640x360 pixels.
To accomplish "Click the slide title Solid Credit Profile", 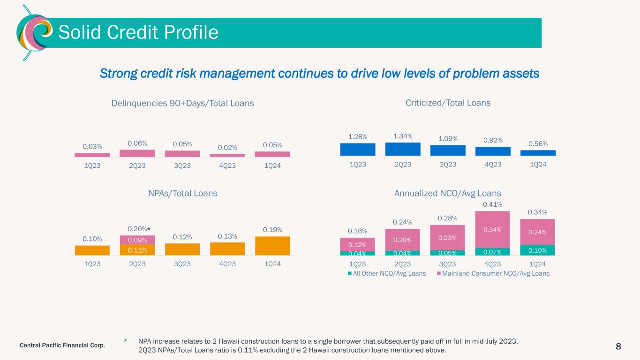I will [x=138, y=32].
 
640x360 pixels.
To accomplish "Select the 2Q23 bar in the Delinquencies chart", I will [x=137, y=153].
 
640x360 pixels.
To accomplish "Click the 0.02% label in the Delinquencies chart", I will [x=227, y=147].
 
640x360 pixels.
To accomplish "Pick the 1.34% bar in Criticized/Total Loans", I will [x=403, y=149].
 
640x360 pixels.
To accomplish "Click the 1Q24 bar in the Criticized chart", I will [x=538, y=153].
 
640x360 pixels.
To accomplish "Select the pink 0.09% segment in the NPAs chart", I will [x=137, y=240].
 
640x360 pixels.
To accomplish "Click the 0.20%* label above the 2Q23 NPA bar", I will [x=139, y=229].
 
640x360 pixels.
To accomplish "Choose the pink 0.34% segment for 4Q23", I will [x=493, y=229].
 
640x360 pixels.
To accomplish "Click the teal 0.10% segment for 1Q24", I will [x=538, y=250].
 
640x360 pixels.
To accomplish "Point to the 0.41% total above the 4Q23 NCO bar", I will [x=493, y=204].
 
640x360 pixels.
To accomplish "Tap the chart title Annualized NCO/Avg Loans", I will [x=448, y=193].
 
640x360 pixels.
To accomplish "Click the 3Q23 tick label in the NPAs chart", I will [x=182, y=264].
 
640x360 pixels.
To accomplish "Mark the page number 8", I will [x=618, y=346].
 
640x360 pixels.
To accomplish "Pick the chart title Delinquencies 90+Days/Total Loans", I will [x=183, y=103].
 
